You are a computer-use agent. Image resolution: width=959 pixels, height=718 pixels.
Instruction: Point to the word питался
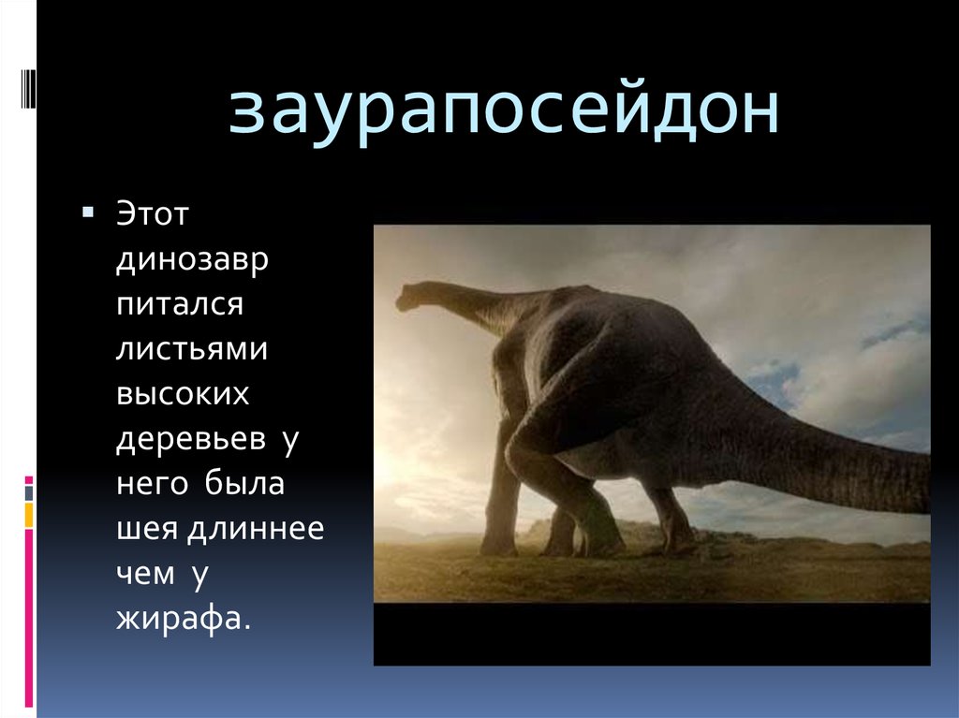(x=180, y=306)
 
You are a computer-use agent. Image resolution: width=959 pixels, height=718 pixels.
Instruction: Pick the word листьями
(x=192, y=350)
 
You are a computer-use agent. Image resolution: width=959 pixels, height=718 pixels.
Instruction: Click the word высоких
(x=183, y=394)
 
